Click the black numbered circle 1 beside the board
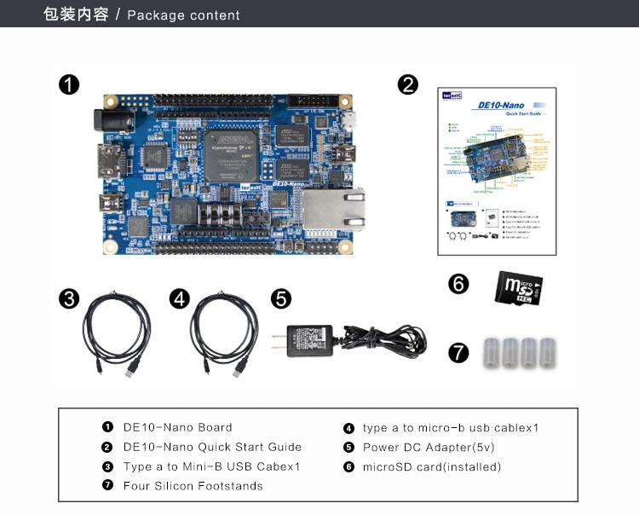click(69, 84)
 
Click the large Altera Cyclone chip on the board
click(231, 153)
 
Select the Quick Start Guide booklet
click(496, 171)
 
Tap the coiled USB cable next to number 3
click(116, 335)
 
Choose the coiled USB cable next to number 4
click(223, 335)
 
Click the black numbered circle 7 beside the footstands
click(459, 352)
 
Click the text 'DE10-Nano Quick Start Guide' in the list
click(212, 447)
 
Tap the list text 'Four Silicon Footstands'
click(193, 486)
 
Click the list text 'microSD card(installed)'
click(432, 466)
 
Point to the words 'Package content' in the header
click(183, 15)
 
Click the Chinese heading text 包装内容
click(76, 14)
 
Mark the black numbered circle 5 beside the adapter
click(281, 298)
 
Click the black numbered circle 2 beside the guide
click(408, 84)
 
